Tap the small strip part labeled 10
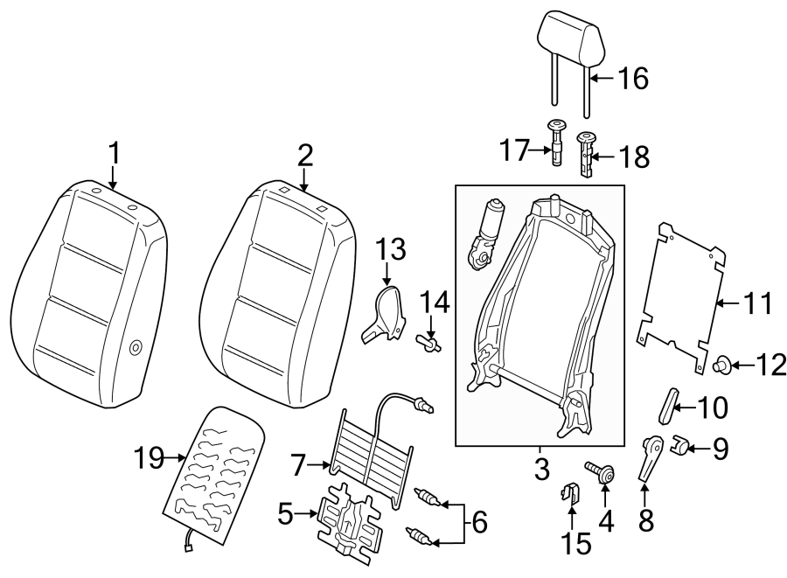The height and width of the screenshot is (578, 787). (x=668, y=407)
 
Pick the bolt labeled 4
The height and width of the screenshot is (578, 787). (x=602, y=473)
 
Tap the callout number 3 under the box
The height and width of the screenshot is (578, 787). (x=541, y=469)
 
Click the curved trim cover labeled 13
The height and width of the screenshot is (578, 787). (x=382, y=312)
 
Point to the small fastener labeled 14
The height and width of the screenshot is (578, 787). (x=427, y=342)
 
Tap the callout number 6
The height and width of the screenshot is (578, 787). (x=479, y=523)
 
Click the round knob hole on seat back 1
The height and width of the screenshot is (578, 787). (x=136, y=348)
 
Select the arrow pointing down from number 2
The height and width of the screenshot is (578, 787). (x=304, y=181)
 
